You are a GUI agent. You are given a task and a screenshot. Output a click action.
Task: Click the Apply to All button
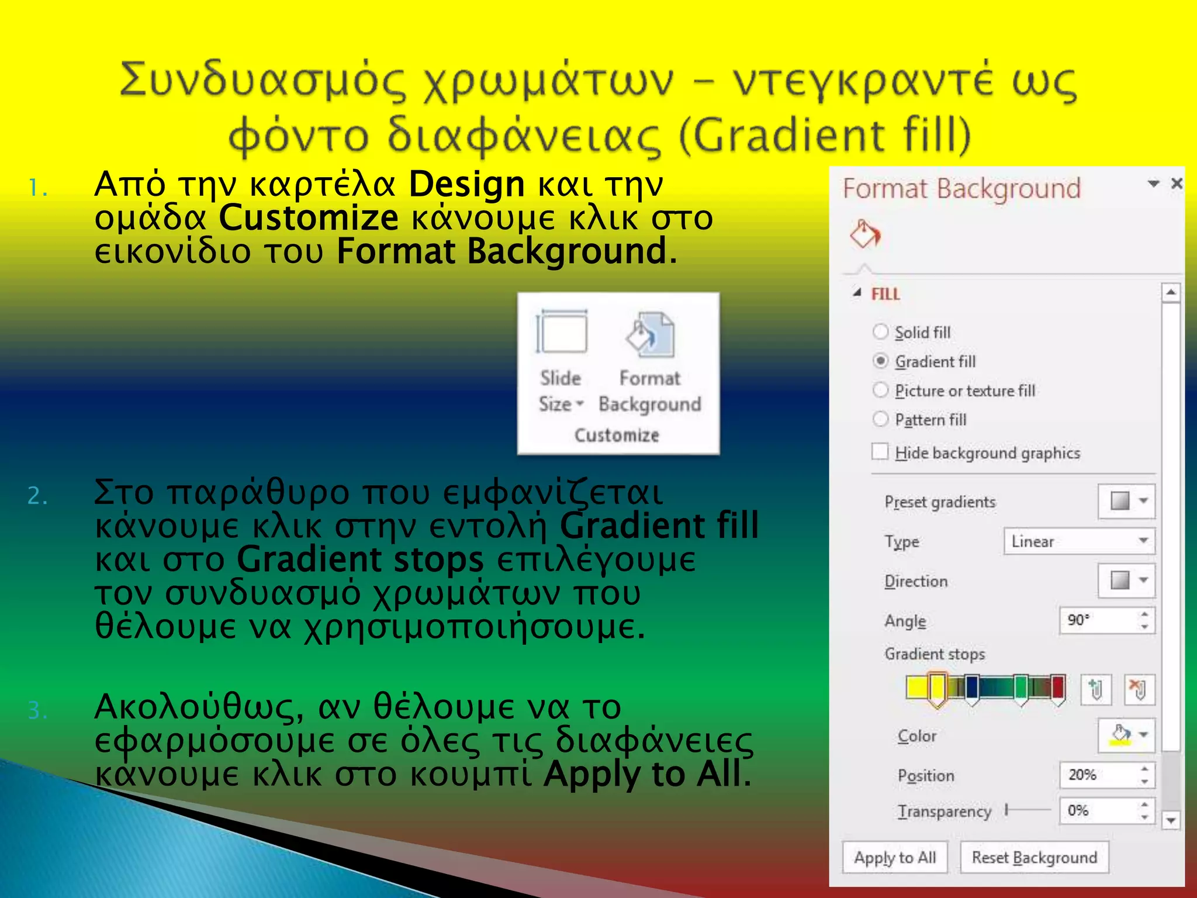pos(895,857)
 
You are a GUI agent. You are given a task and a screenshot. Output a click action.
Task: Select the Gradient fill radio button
pos(881,361)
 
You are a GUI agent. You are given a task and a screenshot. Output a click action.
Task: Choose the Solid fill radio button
pos(881,332)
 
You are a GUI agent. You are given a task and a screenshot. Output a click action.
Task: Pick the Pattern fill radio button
pos(881,419)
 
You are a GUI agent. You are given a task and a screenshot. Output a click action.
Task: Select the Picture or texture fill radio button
pos(881,390)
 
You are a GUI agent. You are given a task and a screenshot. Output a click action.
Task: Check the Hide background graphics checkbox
pos(880,452)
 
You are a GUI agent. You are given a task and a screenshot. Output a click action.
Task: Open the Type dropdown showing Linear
pos(1079,541)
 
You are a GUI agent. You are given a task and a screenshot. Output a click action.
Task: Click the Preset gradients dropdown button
pos(1126,501)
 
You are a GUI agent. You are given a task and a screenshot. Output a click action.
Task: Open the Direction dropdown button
pos(1126,581)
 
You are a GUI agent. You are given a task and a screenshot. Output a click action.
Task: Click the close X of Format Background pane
pos(1177,184)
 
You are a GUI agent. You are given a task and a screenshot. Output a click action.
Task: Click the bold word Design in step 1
pos(466,185)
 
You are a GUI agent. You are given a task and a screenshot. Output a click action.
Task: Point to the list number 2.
pos(37,496)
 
